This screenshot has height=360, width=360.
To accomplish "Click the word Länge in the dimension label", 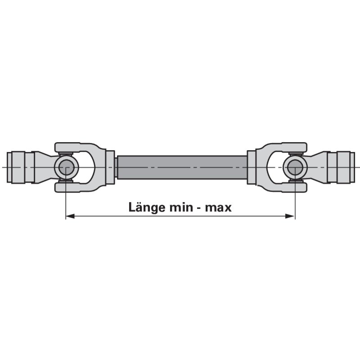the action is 147,208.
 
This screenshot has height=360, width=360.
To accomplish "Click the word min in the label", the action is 181,207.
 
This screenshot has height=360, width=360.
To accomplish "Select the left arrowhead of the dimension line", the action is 70,216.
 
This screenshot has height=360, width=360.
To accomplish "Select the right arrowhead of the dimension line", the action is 290,216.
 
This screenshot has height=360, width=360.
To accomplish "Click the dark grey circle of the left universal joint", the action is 66,167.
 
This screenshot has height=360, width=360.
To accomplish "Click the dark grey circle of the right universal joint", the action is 295,167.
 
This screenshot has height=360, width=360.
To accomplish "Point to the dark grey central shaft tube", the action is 182,167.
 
